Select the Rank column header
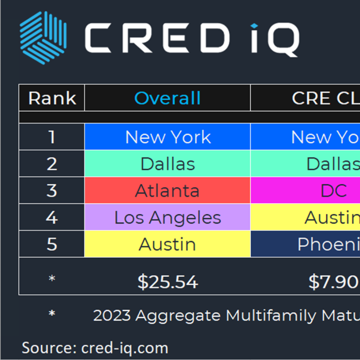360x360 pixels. coord(52,98)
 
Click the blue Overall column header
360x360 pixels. coord(168,98)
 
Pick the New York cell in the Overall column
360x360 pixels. coord(168,137)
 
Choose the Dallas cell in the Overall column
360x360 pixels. coord(168,164)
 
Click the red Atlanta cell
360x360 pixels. coord(168,191)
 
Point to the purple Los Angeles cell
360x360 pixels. coord(168,218)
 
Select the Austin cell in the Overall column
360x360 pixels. coord(168,244)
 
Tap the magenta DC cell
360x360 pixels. coord(333,191)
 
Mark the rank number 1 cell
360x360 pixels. coord(52,137)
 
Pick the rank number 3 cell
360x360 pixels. coord(52,191)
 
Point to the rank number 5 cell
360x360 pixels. coord(52,244)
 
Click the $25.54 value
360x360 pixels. coord(168,282)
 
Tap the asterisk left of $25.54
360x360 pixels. coord(52,280)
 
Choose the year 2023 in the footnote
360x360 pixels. coord(110,316)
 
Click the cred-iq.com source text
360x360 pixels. coord(125,347)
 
